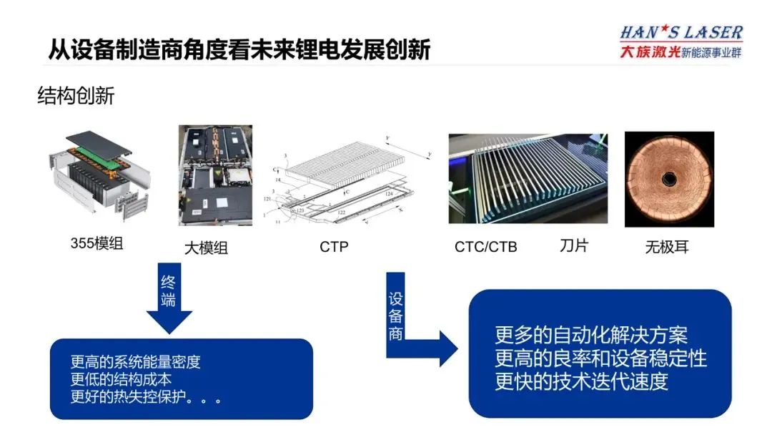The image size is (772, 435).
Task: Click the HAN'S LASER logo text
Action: click(x=681, y=33)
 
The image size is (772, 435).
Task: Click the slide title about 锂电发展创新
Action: click(x=239, y=49)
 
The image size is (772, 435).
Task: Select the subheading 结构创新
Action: click(x=76, y=96)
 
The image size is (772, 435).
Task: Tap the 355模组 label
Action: click(x=96, y=243)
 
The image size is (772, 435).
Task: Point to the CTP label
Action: click(x=334, y=247)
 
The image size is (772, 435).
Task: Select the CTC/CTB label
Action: click(x=485, y=248)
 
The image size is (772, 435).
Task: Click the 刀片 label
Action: click(x=573, y=246)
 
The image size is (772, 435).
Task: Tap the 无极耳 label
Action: click(x=666, y=248)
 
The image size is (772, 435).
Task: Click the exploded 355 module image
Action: click(x=97, y=175)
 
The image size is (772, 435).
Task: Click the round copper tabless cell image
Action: click(x=669, y=179)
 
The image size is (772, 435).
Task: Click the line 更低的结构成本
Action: click(x=121, y=380)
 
